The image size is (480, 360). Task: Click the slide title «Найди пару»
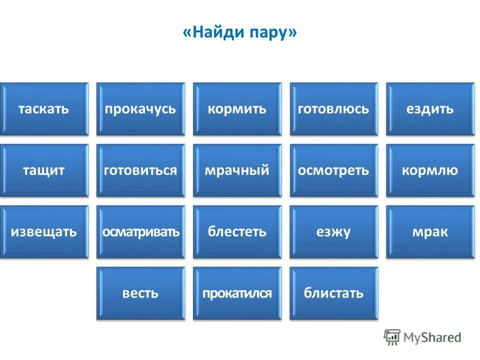pos(240,33)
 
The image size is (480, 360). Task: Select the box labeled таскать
pos(44,109)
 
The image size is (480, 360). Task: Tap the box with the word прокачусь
pos(140,109)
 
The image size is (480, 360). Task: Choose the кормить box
pos(237,109)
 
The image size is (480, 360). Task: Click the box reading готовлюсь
pos(333,109)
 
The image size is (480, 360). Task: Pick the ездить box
pos(430,109)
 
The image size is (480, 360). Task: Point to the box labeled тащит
pos(44,170)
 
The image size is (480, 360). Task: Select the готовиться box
pos(140,170)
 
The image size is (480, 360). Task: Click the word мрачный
pos(237,170)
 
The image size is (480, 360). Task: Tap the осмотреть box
pos(333,170)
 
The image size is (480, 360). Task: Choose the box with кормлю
pos(430,170)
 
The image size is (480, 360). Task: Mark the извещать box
pos(44,232)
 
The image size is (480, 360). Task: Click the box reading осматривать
pos(140,232)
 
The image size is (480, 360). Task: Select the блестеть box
pos(237,232)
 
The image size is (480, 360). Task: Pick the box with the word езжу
pos(333,232)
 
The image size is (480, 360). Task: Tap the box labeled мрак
pos(430,232)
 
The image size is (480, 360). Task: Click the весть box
pos(140,293)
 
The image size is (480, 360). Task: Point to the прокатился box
pos(237,293)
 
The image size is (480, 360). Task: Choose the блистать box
pos(333,293)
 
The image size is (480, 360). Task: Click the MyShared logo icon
pos(392,337)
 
